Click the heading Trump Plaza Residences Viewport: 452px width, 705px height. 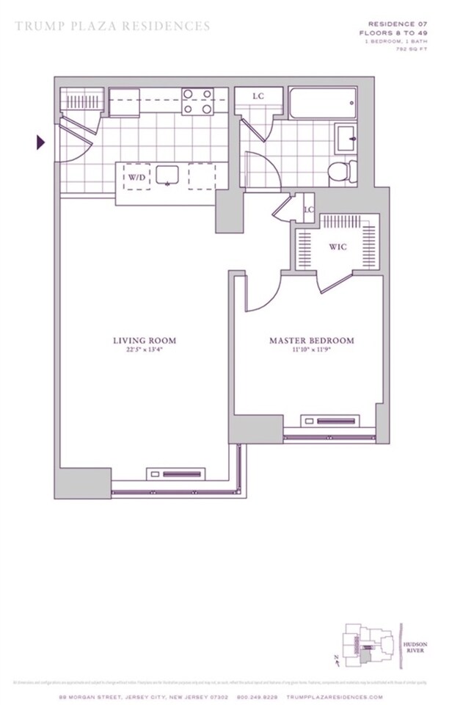[113, 26]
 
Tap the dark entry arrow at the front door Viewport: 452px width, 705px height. [41, 142]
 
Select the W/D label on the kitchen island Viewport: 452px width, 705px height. [137, 177]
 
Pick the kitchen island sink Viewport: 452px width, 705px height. [169, 176]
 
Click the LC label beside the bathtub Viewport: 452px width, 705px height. [258, 96]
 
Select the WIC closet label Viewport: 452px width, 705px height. [337, 247]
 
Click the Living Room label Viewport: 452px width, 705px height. [145, 340]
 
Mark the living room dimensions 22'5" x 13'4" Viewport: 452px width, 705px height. [145, 350]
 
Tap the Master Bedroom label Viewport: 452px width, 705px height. [312, 341]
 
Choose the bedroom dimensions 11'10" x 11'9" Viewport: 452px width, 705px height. [312, 350]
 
